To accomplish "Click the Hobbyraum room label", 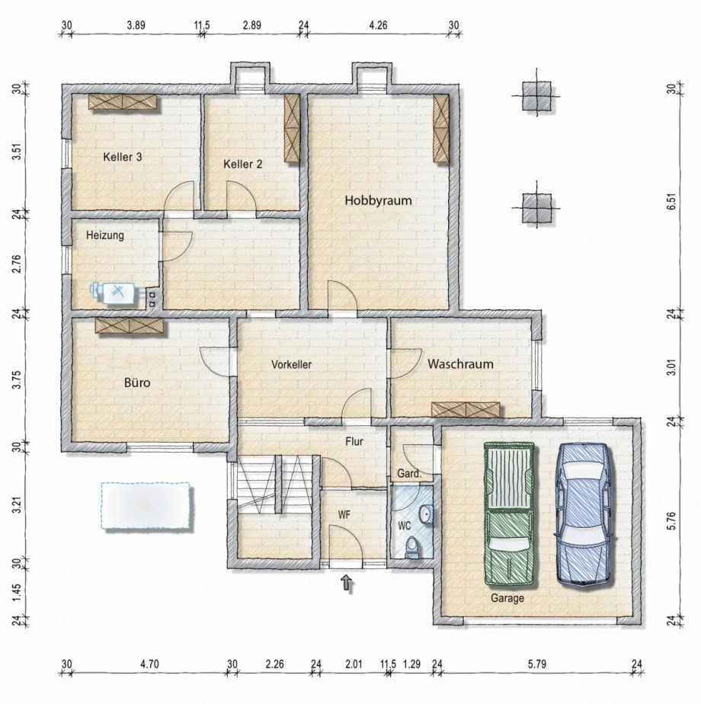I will pyautogui.click(x=378, y=201).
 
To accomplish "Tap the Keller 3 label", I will pyautogui.click(x=123, y=157).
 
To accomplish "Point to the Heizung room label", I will pyautogui.click(x=104, y=235).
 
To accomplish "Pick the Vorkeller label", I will pyautogui.click(x=291, y=365).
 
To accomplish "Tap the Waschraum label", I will pyautogui.click(x=459, y=364).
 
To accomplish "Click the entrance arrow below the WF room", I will pyautogui.click(x=347, y=584).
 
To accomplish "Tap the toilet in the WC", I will pyautogui.click(x=412, y=546).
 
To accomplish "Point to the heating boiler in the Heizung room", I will pyautogui.click(x=114, y=292).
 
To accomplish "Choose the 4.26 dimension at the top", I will pyautogui.click(x=378, y=25).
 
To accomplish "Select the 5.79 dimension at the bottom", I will pyautogui.click(x=536, y=664).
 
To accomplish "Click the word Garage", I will pyautogui.click(x=507, y=598).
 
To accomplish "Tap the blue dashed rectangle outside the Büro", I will pyautogui.click(x=145, y=506).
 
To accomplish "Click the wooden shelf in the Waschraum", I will pyautogui.click(x=466, y=409).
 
